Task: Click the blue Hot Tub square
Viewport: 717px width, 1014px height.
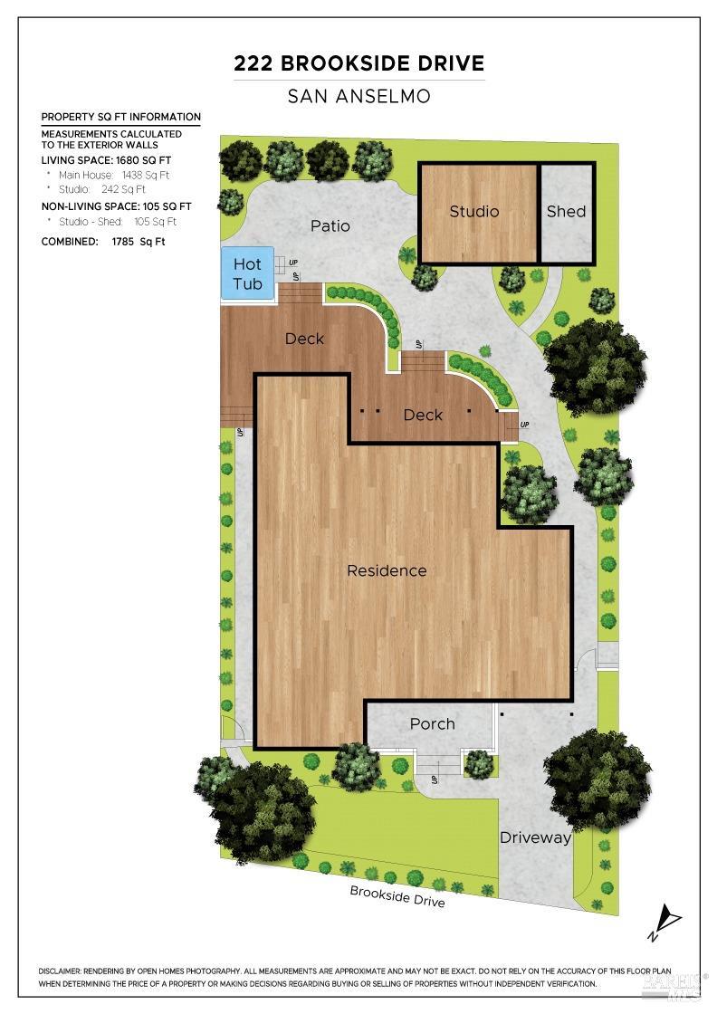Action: [x=247, y=273]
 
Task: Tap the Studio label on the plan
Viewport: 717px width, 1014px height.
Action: [x=474, y=211]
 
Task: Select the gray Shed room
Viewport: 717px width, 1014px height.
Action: [x=567, y=212]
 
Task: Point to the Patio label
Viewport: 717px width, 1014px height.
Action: [x=330, y=225]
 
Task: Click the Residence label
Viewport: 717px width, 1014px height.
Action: [x=387, y=570]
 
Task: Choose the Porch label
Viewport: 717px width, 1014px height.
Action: [x=432, y=723]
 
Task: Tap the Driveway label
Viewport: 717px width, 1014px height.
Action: [x=536, y=837]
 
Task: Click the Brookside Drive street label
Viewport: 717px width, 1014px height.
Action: [x=397, y=895]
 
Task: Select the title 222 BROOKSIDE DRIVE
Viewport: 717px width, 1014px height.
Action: [x=359, y=63]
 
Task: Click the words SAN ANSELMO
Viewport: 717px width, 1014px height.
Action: [x=359, y=95]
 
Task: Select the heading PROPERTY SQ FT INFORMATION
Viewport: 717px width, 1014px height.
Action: [x=121, y=117]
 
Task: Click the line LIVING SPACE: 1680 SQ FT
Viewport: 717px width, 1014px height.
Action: [x=105, y=160]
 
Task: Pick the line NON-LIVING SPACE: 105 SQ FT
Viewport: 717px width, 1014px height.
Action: [x=117, y=206]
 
